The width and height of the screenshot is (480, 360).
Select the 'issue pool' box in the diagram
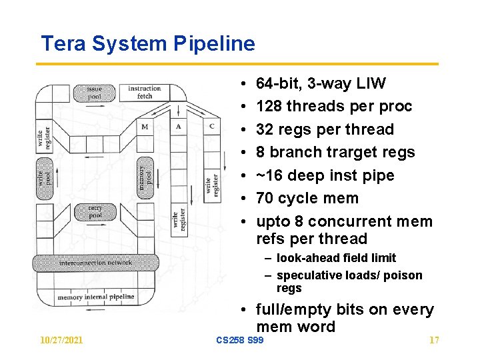pyautogui.click(x=95, y=92)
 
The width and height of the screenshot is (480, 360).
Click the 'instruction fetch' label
pyautogui.click(x=144, y=92)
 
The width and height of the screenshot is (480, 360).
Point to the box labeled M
pyautogui.click(x=145, y=127)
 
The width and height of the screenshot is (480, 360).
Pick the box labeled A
pyautogui.click(x=179, y=127)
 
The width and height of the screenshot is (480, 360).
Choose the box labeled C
pyautogui.click(x=211, y=127)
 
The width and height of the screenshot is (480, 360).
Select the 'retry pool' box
pyautogui.click(x=95, y=212)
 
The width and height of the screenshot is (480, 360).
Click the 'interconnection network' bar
pyautogui.click(x=96, y=263)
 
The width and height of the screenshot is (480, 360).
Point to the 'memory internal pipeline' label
pyautogui.click(x=96, y=297)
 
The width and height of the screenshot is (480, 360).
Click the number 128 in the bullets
pyautogui.click(x=269, y=107)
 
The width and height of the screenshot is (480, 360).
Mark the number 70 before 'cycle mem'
pyautogui.click(x=265, y=199)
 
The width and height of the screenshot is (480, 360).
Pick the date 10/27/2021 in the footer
pyautogui.click(x=61, y=341)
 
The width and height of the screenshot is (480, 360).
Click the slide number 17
pyautogui.click(x=434, y=341)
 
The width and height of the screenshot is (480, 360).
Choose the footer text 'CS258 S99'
pyautogui.click(x=240, y=341)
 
